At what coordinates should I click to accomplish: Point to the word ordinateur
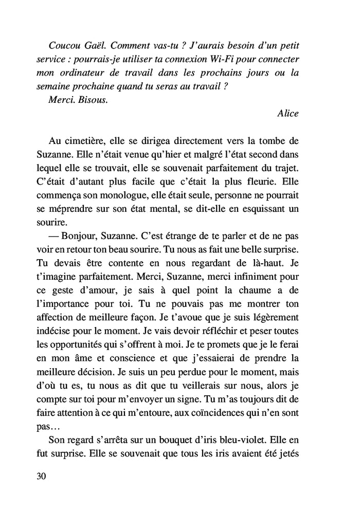click(87, 72)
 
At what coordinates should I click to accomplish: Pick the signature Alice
click(287, 114)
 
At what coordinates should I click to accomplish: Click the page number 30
click(42, 476)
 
